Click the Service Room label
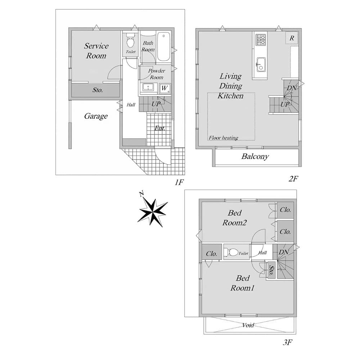[96, 51]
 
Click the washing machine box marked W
[165, 88]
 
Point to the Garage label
[96, 116]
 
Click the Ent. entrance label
[160, 128]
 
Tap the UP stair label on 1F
[156, 104]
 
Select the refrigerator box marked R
[292, 38]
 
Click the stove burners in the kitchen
[260, 39]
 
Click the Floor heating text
[223, 138]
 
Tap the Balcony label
[255, 156]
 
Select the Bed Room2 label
[234, 218]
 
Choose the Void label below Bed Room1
[248, 325]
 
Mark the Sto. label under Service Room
[97, 90]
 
